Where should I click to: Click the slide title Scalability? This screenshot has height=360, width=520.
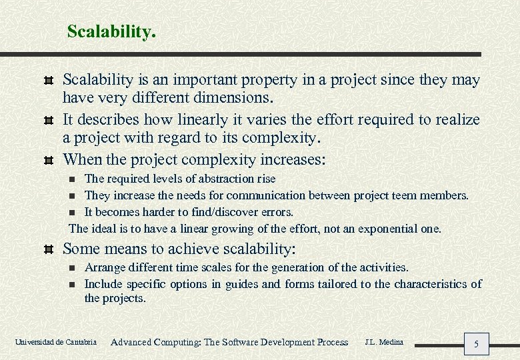[x=111, y=31]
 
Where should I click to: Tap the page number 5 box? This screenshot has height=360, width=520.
[x=476, y=344]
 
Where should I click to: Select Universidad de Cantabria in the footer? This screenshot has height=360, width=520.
[x=56, y=343]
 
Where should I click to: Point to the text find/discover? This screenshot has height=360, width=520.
[x=221, y=212]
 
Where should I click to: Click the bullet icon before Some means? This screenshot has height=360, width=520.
[x=47, y=250]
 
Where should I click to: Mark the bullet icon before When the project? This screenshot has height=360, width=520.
[x=47, y=161]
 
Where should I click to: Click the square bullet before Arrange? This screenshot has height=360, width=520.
[x=73, y=268]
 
